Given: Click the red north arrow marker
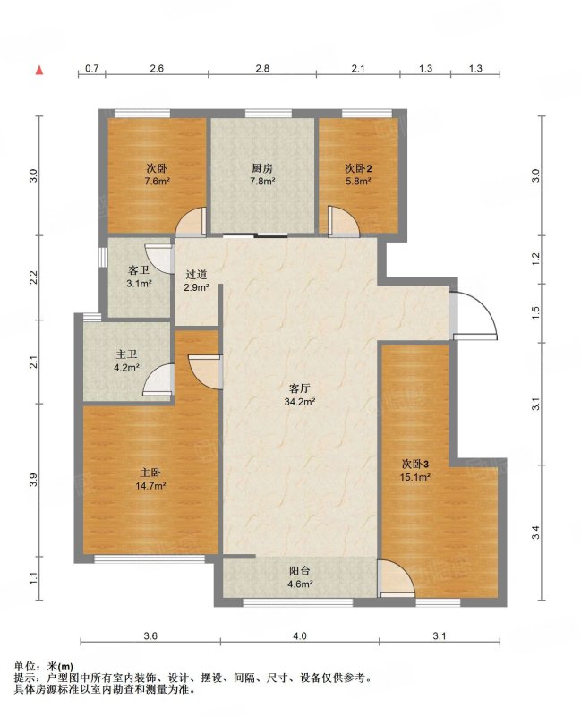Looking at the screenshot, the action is [x=39, y=71].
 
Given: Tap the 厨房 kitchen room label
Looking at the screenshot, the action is [x=262, y=168].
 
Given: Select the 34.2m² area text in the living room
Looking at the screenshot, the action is [x=300, y=402].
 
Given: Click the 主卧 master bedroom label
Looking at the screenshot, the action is [x=150, y=473].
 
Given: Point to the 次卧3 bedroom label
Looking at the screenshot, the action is [x=415, y=465].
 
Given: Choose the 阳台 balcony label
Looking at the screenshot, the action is [x=300, y=571].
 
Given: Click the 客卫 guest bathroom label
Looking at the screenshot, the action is [x=139, y=270].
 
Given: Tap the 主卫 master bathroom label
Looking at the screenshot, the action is [x=126, y=354].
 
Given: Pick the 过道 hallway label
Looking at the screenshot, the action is [x=196, y=275].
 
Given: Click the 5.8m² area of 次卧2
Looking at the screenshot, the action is [x=358, y=181].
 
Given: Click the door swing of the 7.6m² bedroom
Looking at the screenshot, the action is [x=191, y=222].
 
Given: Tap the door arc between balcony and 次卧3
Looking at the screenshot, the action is [x=397, y=578].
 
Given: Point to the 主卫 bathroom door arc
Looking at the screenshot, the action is [x=158, y=379].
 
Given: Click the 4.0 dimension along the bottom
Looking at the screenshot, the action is [x=300, y=635].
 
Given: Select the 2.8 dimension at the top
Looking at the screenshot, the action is [x=262, y=69].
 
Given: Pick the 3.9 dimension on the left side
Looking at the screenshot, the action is [x=33, y=480].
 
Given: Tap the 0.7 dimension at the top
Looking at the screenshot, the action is [x=92, y=69].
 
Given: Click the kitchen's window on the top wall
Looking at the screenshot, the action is [x=268, y=114].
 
